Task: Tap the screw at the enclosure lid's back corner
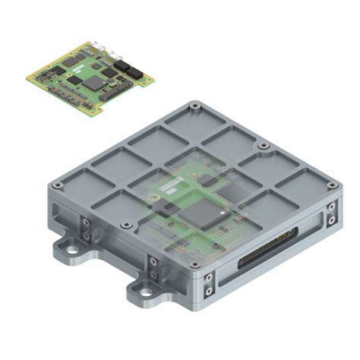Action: [x=196, y=105]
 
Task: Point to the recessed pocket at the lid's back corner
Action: [x=196, y=123]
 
